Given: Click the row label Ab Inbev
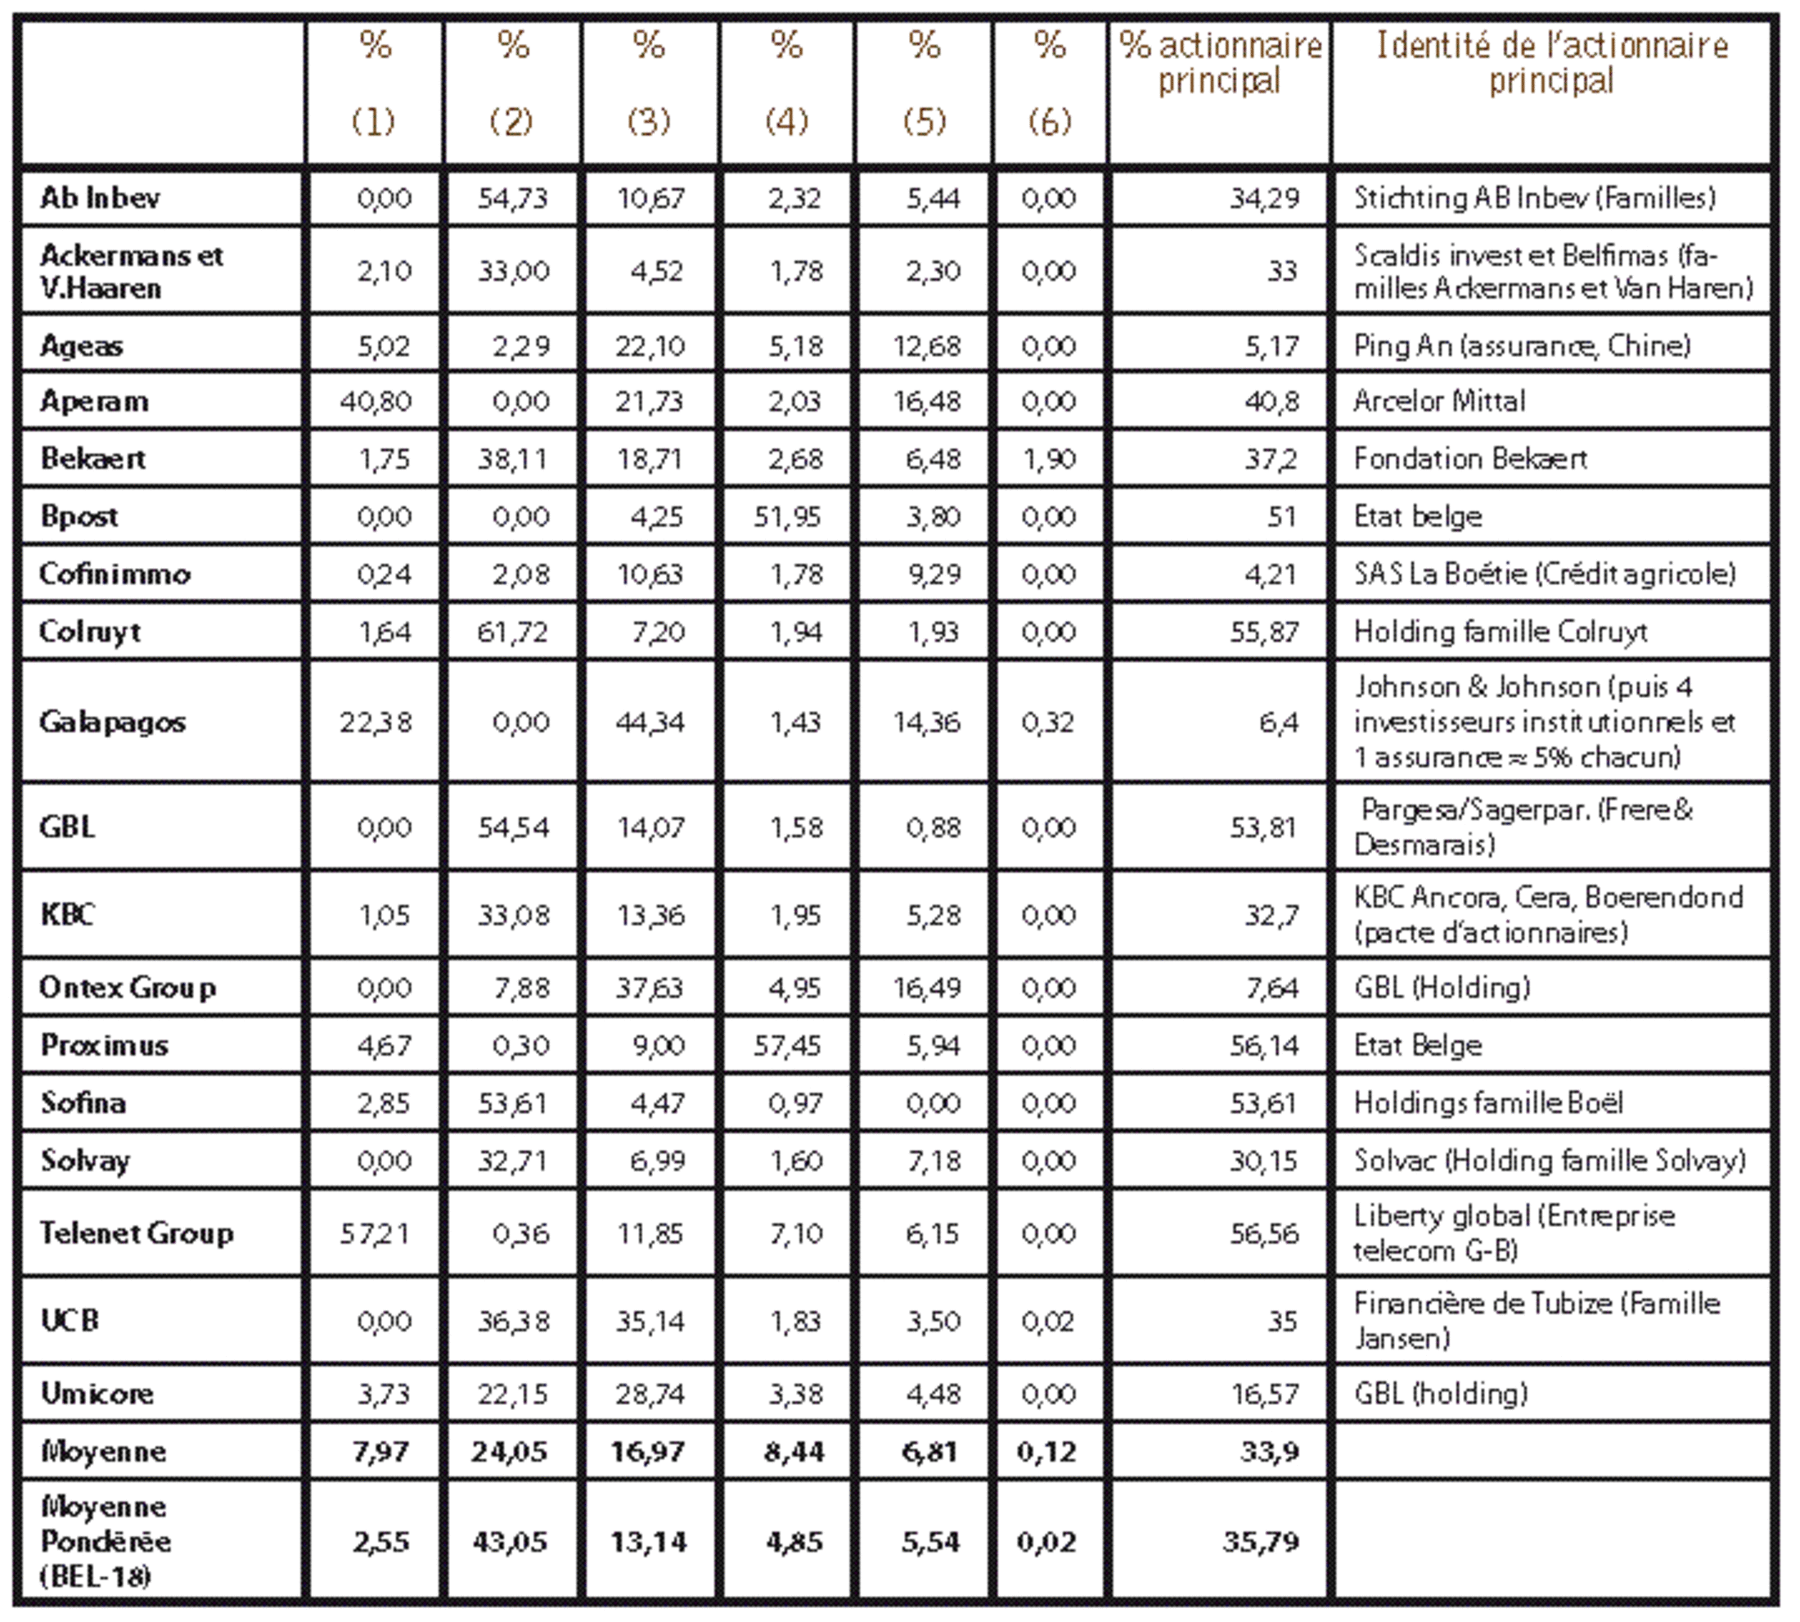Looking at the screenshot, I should (100, 197).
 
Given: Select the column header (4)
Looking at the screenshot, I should (786, 120).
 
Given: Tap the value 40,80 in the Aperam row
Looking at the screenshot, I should (376, 401).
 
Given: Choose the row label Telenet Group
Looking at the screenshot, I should (137, 1232).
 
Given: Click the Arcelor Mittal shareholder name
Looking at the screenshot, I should (1439, 401).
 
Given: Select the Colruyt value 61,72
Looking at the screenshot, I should (512, 632).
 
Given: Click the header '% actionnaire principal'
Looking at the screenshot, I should (1219, 62).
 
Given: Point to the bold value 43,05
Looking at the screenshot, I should (510, 1541).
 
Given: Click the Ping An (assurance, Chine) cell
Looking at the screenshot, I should (1521, 345).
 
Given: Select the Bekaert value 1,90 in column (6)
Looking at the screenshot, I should (1049, 458).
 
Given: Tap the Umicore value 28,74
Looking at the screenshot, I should (650, 1393).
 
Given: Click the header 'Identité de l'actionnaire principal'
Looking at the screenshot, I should (1551, 62).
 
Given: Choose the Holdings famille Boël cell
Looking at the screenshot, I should (1487, 1102).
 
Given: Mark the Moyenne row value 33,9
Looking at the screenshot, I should (1269, 1451).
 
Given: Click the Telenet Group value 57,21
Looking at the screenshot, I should (376, 1232).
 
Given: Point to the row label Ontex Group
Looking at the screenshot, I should (128, 988).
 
